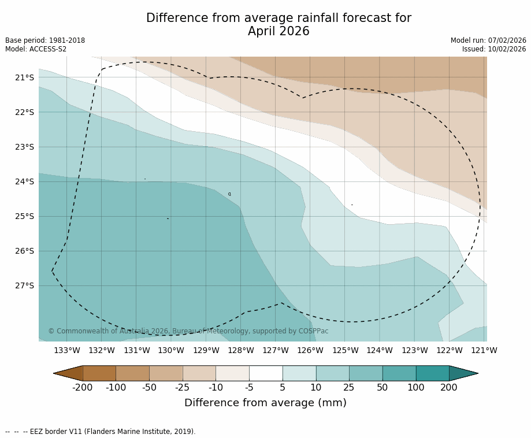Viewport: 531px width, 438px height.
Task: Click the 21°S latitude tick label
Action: pyautogui.click(x=24, y=77)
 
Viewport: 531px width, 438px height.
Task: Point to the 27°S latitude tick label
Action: pyautogui.click(x=24, y=285)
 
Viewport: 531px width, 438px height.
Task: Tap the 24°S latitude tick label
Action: pyautogui.click(x=24, y=181)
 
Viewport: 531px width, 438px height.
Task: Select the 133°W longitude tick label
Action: pyautogui.click(x=67, y=350)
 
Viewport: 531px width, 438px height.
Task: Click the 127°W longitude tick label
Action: pyautogui.click(x=276, y=350)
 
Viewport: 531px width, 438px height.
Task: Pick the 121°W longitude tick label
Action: pyautogui.click(x=484, y=350)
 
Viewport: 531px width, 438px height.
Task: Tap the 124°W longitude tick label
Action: pyautogui.click(x=380, y=350)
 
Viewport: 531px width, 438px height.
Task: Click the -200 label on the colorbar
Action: pyautogui.click(x=83, y=387)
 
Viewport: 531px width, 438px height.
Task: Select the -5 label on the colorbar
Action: pyautogui.click(x=249, y=387)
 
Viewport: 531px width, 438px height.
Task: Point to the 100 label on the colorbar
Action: pyautogui.click(x=415, y=387)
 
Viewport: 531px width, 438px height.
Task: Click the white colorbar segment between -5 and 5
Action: pyautogui.click(x=266, y=373)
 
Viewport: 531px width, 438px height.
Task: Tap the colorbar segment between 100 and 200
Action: pyautogui.click(x=432, y=373)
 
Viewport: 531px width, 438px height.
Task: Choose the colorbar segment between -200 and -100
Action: pyautogui.click(x=99, y=373)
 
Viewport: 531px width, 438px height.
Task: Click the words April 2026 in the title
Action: pyautogui.click(x=279, y=32)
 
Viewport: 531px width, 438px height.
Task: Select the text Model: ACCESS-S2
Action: pyautogui.click(x=36, y=49)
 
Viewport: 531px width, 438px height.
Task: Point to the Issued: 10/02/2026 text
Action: pyautogui.click(x=494, y=49)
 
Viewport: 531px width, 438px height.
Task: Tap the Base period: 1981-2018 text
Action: pyautogui.click(x=45, y=40)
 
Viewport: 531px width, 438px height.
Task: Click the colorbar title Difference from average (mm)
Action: pyautogui.click(x=265, y=403)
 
